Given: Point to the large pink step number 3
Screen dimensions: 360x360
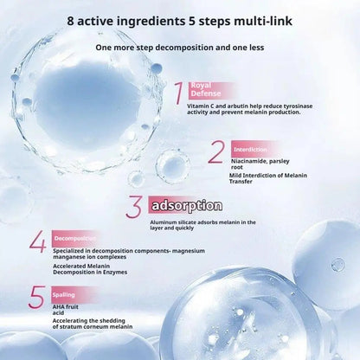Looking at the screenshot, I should pyautogui.click(x=133, y=207).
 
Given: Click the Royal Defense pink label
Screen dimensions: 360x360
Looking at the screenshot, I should pyautogui.click(x=204, y=90).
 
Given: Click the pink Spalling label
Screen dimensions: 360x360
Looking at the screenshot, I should pyautogui.click(x=63, y=294).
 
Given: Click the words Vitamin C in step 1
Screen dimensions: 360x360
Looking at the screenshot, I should pyautogui.click(x=203, y=106).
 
